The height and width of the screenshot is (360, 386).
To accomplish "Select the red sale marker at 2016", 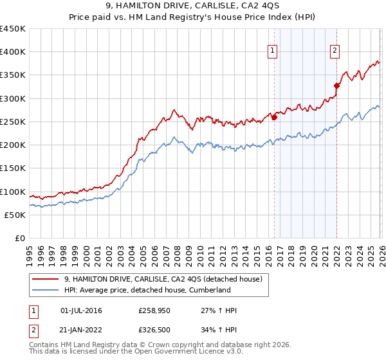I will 274,118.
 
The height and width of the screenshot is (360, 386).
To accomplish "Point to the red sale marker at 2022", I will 336,85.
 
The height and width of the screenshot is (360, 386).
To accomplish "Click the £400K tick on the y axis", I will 13,52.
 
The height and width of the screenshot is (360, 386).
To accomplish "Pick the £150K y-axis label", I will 13,168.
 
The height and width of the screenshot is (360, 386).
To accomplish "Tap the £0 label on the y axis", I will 20,239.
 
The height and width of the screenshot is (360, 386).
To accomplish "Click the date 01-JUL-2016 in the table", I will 81,310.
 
